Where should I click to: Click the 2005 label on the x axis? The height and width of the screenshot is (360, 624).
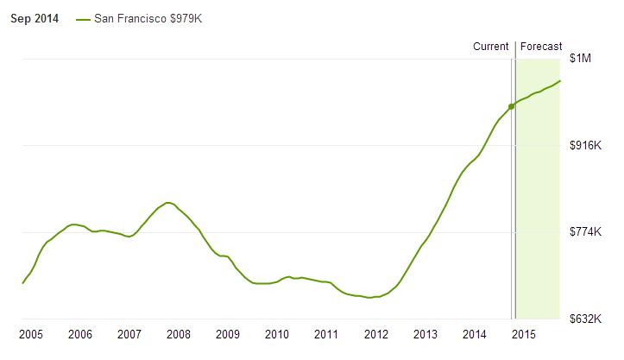pyautogui.click(x=31, y=334)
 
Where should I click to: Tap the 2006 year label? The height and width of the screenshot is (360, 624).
pyautogui.click(x=80, y=334)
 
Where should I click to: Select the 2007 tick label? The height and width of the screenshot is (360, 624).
pyautogui.click(x=129, y=334)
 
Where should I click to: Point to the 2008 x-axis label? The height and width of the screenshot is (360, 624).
pyautogui.click(x=179, y=334)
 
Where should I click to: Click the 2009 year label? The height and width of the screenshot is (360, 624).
pyautogui.click(x=228, y=334)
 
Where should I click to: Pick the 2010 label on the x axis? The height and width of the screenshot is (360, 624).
pyautogui.click(x=277, y=334)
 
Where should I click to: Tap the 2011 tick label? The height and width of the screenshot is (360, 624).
pyautogui.click(x=326, y=334)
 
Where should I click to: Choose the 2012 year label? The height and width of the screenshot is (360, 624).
pyautogui.click(x=375, y=334)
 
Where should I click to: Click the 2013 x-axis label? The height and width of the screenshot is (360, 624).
pyautogui.click(x=425, y=334)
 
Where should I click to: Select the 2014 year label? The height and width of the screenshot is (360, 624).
pyautogui.click(x=474, y=334)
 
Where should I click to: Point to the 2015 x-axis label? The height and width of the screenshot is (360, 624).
pyautogui.click(x=523, y=334)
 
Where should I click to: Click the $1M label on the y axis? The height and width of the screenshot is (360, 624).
pyautogui.click(x=580, y=58)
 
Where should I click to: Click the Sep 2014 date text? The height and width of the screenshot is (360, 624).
pyautogui.click(x=34, y=19)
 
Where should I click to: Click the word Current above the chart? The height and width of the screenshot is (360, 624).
pyautogui.click(x=491, y=47)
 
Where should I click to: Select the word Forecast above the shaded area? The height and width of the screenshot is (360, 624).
pyautogui.click(x=541, y=47)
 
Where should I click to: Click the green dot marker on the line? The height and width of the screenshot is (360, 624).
pyautogui.click(x=512, y=106)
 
